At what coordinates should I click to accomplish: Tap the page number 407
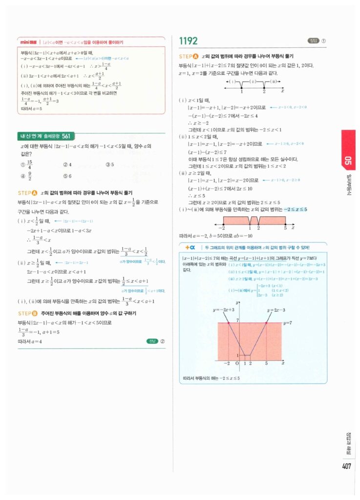(346, 466)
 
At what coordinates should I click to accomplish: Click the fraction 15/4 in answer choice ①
(30, 165)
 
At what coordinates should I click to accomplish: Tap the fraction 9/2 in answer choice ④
(30, 176)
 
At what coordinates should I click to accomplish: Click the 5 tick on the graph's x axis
(266, 364)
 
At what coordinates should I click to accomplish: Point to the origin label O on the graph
(236, 364)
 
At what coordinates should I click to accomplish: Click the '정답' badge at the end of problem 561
(152, 341)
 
